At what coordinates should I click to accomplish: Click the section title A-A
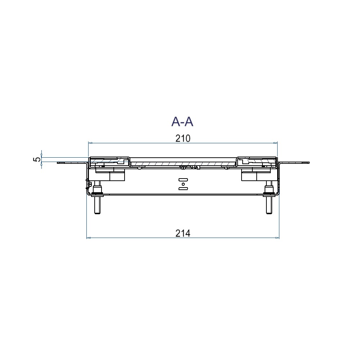(x=182, y=122)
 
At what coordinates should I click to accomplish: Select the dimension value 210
(x=183, y=139)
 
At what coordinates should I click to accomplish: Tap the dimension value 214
(x=183, y=234)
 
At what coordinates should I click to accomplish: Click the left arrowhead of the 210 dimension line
(x=90, y=143)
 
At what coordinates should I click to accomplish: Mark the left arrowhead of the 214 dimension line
(x=89, y=238)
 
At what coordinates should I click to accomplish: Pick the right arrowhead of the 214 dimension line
(x=277, y=238)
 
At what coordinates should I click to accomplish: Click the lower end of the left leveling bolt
(x=97, y=214)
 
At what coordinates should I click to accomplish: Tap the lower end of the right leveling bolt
(x=269, y=214)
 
